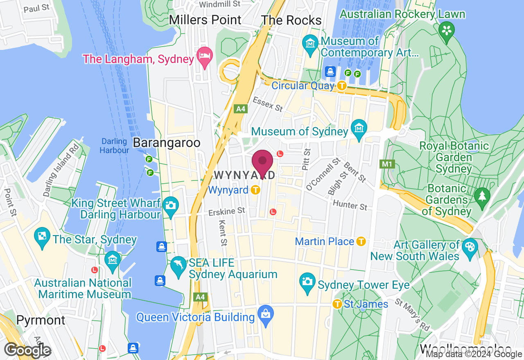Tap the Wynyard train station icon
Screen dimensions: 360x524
256,190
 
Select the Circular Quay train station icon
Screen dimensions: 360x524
342,85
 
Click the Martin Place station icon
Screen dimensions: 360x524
361,241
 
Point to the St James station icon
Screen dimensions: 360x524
337,304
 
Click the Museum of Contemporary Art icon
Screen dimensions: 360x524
310,43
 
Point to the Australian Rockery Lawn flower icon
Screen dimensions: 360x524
447,30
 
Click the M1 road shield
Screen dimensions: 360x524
387,164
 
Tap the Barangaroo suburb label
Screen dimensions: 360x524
167,143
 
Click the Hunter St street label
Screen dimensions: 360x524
350,205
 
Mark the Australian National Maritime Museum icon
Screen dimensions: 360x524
112,259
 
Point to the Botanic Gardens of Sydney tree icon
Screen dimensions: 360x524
482,195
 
